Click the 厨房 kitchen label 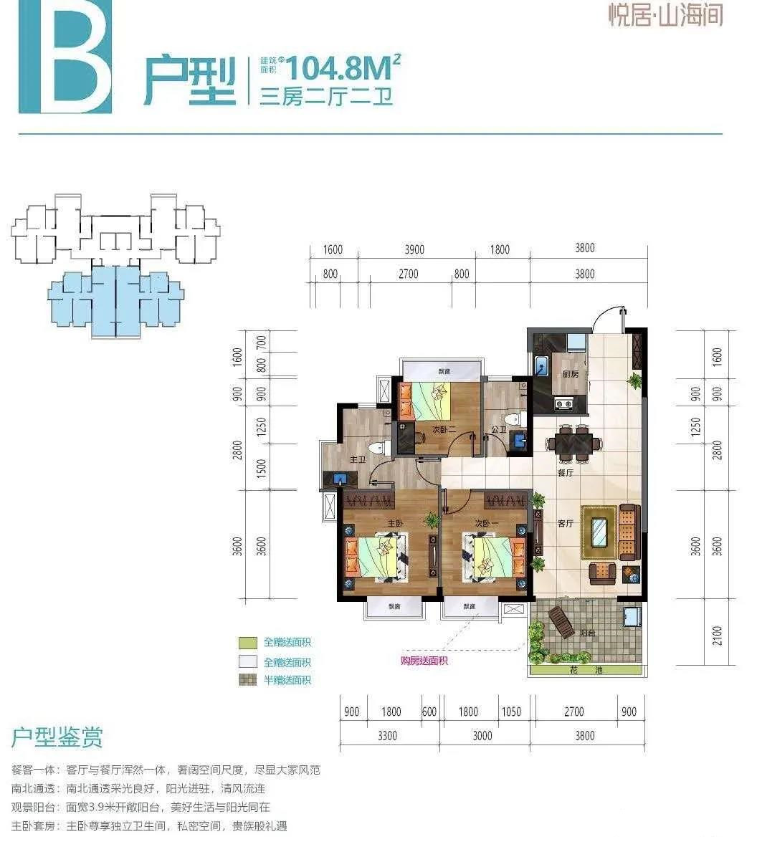point(570,374)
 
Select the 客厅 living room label point(566,523)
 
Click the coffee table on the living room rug point(600,531)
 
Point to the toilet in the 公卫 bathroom point(511,419)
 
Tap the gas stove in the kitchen point(563,403)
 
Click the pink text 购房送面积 point(424,661)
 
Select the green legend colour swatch point(248,643)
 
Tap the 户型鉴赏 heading point(57,737)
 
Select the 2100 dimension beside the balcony point(718,636)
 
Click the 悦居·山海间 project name point(665,16)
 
